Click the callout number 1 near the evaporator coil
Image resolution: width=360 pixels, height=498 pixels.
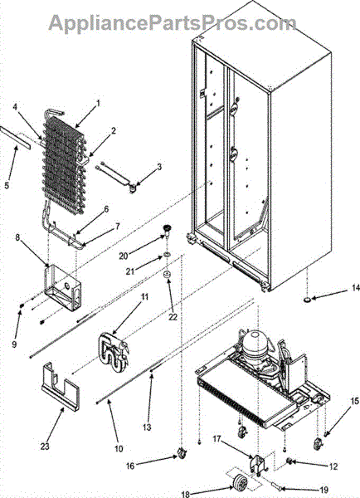98,103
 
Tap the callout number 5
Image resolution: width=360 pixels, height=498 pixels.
7,185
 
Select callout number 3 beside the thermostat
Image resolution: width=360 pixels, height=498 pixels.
160,167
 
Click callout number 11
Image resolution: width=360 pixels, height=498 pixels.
145,297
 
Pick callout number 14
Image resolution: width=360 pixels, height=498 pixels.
356,288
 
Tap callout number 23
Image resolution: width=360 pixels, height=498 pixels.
45,447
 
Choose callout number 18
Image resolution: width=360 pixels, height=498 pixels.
186,494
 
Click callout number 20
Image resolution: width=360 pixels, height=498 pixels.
124,256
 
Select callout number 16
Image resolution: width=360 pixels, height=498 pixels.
130,466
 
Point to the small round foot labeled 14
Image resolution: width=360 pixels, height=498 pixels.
307,300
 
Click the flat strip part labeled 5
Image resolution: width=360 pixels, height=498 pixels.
15,138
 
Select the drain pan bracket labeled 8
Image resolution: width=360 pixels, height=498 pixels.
63,287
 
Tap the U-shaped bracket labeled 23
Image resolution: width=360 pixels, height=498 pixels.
61,387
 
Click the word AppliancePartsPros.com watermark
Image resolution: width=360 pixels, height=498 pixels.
172,23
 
